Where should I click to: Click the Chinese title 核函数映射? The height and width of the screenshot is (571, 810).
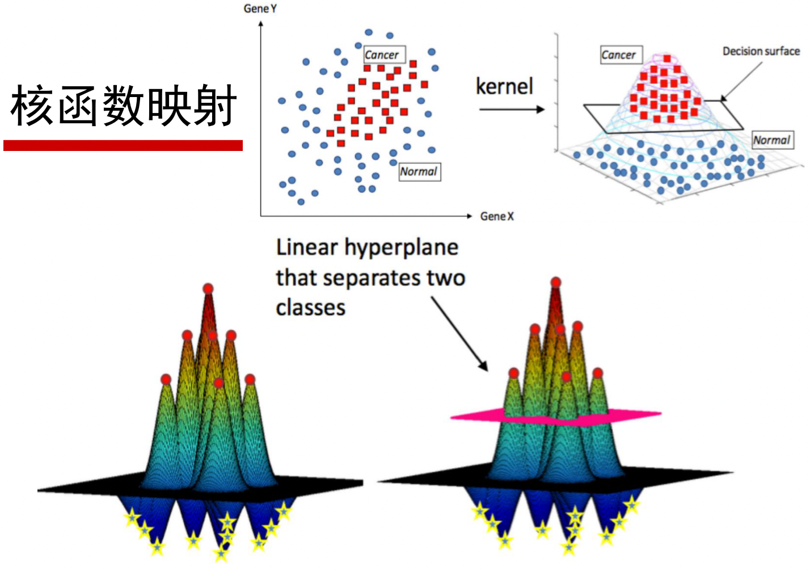123,106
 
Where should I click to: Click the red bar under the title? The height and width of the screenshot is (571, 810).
123,146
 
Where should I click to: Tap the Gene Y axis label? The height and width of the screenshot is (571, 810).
260,9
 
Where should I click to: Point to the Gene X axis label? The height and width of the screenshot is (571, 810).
497,216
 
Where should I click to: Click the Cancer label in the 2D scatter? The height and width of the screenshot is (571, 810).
382,55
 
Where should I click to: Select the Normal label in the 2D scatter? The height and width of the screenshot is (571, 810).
419,171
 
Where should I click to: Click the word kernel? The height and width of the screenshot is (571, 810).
504,86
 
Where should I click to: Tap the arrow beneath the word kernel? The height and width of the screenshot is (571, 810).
511,109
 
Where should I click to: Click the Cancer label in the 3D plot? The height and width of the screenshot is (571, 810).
619,55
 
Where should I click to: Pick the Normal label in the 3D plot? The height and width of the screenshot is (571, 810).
772,140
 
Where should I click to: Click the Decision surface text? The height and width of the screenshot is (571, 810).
761,51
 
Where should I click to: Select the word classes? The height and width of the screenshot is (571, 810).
311,308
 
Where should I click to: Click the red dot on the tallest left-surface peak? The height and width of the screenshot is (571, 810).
208,289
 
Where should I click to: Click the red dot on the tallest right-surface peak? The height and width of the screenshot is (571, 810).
556,282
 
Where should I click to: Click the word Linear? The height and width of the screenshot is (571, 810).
307,247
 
